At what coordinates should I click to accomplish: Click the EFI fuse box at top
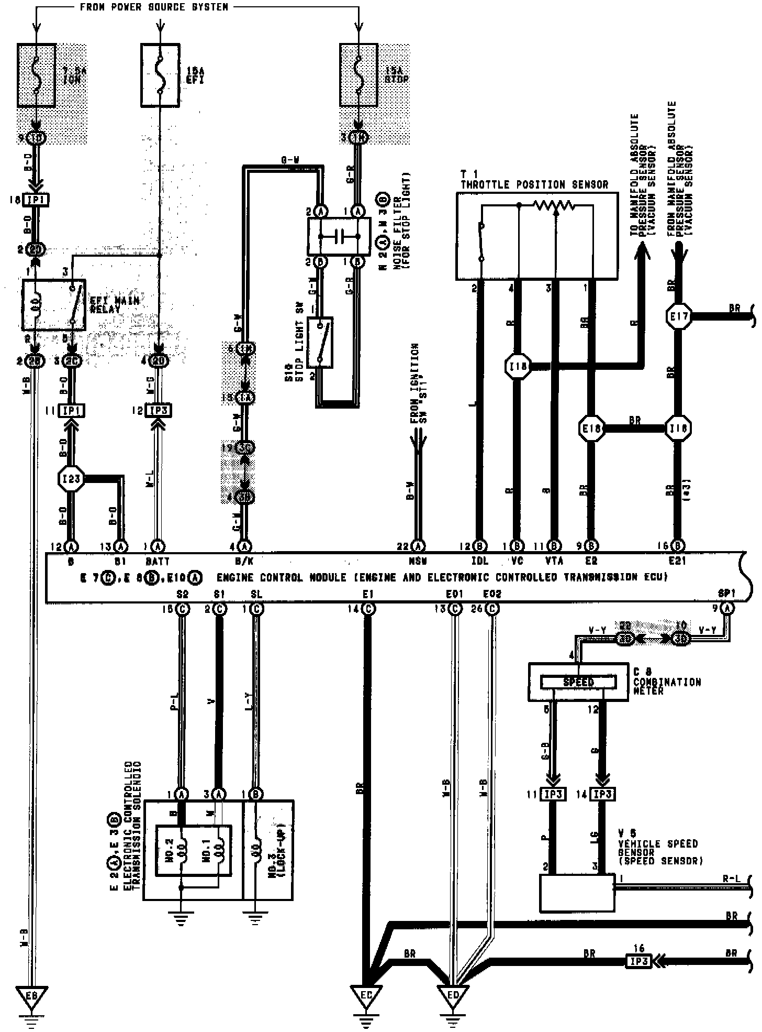click(160, 74)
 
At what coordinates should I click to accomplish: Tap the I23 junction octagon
click(71, 478)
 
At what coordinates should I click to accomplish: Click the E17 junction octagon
click(678, 316)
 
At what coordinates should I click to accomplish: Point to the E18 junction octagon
click(591, 429)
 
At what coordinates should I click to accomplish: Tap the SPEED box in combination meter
click(578, 682)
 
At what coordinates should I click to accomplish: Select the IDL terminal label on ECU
click(479, 561)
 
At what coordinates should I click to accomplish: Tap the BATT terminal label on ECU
click(158, 561)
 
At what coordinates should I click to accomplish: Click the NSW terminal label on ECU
click(418, 561)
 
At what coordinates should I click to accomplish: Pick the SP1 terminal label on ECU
click(727, 594)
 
